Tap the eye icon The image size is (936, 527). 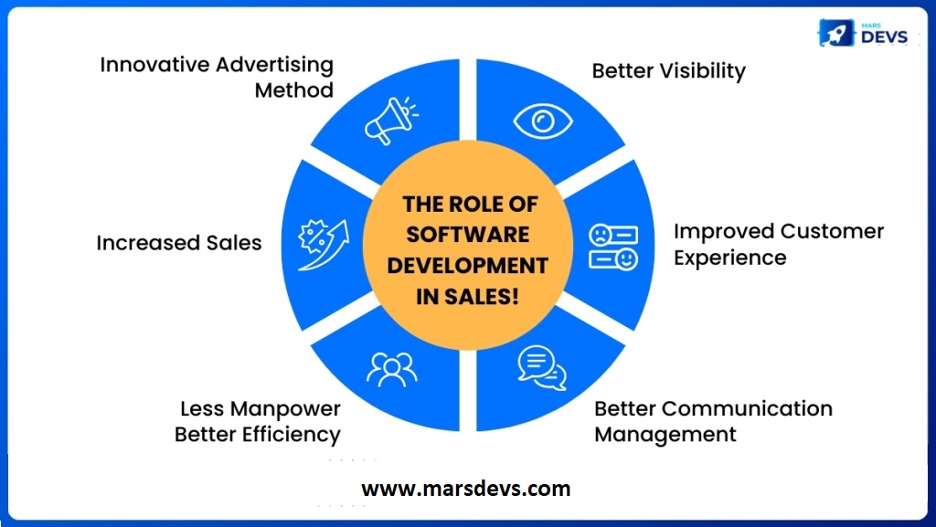click(547, 120)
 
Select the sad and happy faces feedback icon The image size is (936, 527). click(612, 247)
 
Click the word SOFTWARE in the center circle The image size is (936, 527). click(468, 235)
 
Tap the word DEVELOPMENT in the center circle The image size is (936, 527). click(468, 266)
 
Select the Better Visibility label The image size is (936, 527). click(668, 71)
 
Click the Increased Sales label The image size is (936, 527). click(179, 243)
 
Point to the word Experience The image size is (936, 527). click(729, 258)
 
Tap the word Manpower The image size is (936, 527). click(285, 408)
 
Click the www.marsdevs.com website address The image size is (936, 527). click(466, 489)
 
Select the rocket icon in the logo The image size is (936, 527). click(835, 33)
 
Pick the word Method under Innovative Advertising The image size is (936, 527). click(293, 90)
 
